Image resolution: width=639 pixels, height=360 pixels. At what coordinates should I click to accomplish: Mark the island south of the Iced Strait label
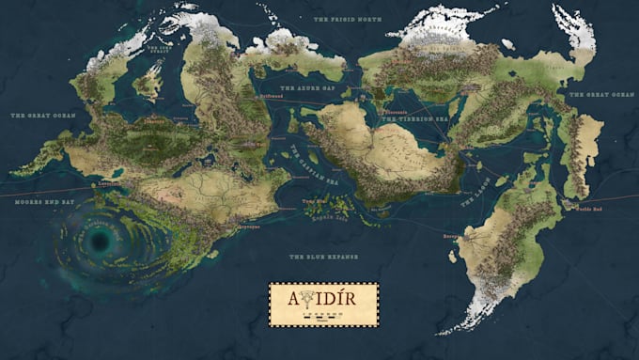point(148,84)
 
